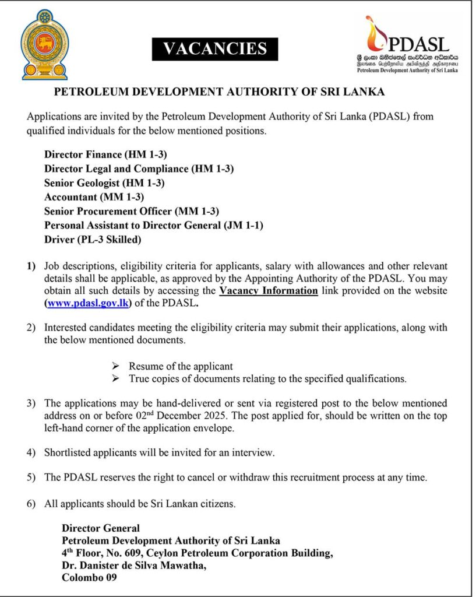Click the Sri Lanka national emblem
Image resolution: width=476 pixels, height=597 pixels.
click(44, 44)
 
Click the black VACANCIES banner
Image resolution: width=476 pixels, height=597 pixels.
click(215, 49)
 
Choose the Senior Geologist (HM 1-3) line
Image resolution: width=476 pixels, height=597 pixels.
click(104, 183)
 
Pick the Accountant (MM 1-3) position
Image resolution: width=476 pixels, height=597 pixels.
click(94, 197)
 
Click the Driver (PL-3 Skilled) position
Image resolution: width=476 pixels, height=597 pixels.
click(93, 239)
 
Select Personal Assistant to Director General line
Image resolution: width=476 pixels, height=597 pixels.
click(150, 225)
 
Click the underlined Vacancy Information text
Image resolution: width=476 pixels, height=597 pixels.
click(268, 290)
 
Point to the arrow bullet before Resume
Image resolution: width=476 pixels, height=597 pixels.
click(115, 366)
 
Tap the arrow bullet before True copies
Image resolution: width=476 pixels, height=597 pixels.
click(115, 379)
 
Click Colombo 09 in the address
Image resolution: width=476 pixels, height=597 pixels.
click(89, 578)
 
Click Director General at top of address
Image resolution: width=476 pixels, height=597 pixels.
click(101, 528)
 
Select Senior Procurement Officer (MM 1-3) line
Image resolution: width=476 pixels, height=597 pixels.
click(132, 211)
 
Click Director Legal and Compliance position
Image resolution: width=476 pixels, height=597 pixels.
click(139, 169)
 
